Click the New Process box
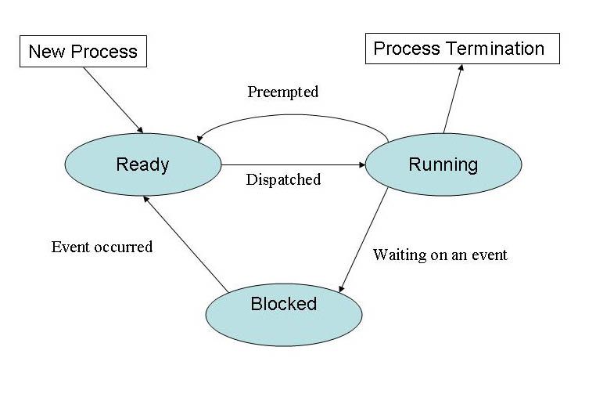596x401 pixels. tap(82, 52)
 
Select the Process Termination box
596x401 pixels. tap(463, 49)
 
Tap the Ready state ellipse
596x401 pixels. tap(142, 164)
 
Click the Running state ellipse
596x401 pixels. tap(443, 164)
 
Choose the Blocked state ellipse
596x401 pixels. tap(284, 313)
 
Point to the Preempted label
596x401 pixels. tap(283, 92)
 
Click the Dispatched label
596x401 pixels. tap(283, 179)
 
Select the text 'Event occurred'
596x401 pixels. tap(102, 247)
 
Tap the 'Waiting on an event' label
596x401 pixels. tap(440, 255)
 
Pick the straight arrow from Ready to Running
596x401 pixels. tap(293, 165)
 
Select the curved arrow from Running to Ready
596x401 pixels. tap(293, 116)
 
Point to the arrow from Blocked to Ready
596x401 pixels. tap(185, 244)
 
